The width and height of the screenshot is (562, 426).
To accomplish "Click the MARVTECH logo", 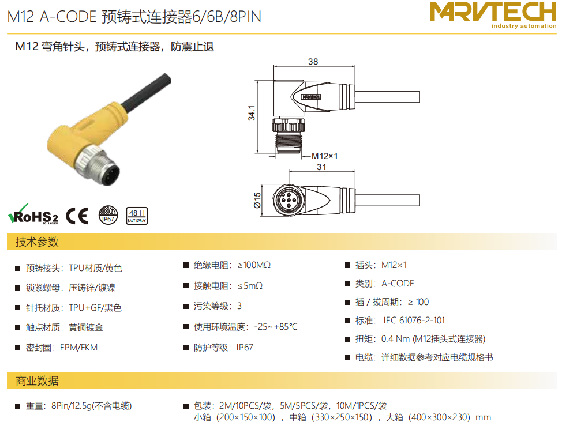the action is [x=493, y=14].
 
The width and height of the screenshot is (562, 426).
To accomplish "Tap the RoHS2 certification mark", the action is [x=33, y=214].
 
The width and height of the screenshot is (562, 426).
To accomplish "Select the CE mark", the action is [x=77, y=216].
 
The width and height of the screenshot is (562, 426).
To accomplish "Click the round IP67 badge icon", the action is [x=108, y=215].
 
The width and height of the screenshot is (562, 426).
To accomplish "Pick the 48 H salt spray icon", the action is [x=137, y=216].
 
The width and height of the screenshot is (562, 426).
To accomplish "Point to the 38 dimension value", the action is [x=313, y=62].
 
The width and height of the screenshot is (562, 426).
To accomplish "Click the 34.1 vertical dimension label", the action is [x=252, y=113].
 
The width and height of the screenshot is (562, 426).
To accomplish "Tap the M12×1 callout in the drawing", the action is [x=324, y=156].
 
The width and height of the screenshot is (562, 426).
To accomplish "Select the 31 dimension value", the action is [x=321, y=167].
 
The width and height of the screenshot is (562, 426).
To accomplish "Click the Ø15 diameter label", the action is [x=257, y=200].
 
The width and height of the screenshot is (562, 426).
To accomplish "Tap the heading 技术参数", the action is [x=37, y=242].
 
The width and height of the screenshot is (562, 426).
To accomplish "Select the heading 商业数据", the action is [x=37, y=381].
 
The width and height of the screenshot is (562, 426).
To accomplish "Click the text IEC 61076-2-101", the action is [x=414, y=321].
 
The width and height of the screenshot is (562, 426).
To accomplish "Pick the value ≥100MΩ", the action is [x=254, y=265].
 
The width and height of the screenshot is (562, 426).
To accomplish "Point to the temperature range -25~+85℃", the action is [x=276, y=327].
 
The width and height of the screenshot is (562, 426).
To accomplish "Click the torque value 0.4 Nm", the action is [x=395, y=339].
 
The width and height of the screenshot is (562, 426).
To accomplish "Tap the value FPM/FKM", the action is [x=79, y=348].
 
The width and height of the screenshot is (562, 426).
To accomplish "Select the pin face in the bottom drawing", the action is [x=288, y=200].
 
